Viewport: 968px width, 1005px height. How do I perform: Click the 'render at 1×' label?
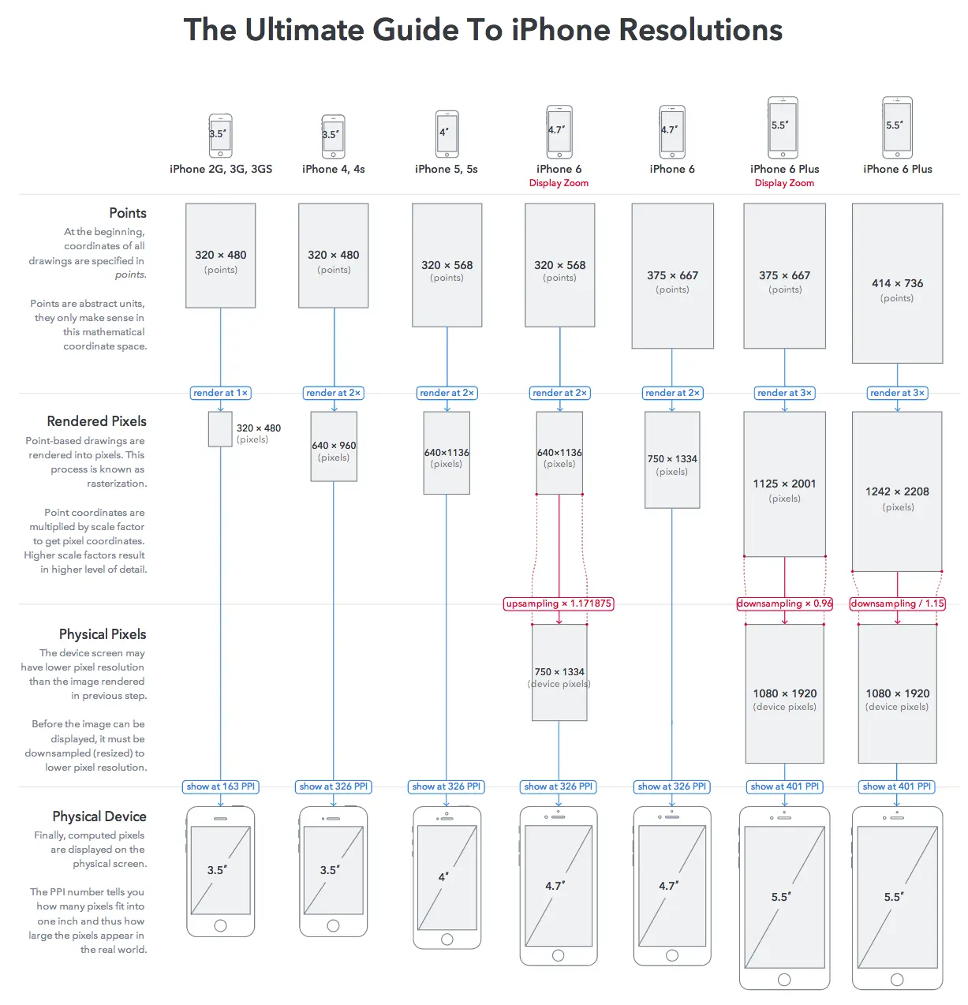[x=221, y=393]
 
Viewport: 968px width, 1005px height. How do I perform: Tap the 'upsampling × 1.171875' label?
[x=559, y=603]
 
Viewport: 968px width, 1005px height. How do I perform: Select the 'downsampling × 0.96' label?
[x=784, y=603]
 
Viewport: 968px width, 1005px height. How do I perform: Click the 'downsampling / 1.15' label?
[x=897, y=603]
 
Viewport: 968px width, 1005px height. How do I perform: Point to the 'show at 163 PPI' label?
[x=221, y=786]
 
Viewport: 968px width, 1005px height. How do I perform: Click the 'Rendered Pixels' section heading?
[x=96, y=421]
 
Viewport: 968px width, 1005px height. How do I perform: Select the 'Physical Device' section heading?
[x=99, y=816]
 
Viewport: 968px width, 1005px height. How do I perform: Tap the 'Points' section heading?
[x=128, y=213]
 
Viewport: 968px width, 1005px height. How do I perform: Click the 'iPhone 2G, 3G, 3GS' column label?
[x=221, y=169]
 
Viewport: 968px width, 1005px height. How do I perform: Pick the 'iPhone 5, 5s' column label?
[x=447, y=169]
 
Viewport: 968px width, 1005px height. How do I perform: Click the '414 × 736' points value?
[x=897, y=283]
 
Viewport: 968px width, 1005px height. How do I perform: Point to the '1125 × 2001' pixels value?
[x=784, y=484]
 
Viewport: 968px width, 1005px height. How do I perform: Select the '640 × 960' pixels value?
[x=334, y=445]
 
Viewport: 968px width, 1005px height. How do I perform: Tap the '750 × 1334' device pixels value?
[x=559, y=671]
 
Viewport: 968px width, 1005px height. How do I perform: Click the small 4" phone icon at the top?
[x=447, y=134]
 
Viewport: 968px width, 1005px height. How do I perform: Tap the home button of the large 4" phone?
[x=447, y=939]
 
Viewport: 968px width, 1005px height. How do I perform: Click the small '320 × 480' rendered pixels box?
[x=220, y=429]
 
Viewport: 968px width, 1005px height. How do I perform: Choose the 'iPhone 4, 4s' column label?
[x=333, y=169]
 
